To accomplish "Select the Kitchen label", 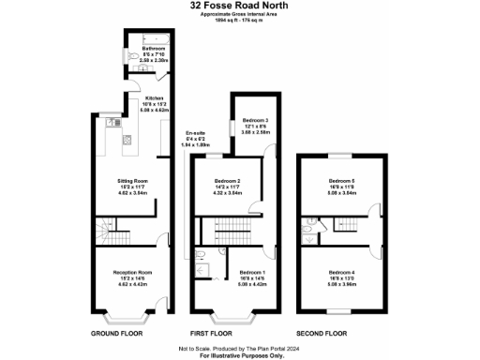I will pos(155,97).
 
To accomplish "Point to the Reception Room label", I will pos(132,272).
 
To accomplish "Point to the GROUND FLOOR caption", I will pos(116,334).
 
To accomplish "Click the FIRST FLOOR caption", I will pos(213,334).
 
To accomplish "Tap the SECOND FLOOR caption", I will pos(322,334).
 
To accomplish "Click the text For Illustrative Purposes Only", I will pos(240,355).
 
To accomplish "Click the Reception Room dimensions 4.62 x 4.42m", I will pos(132,283).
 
